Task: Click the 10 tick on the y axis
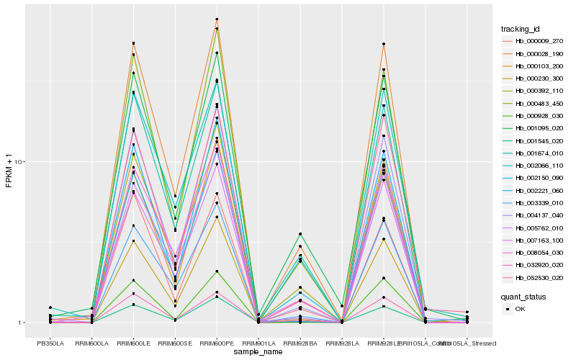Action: (22, 162)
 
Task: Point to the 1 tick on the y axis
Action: (23, 323)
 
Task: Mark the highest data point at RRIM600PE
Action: (217, 19)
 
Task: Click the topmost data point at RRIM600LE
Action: (133, 43)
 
